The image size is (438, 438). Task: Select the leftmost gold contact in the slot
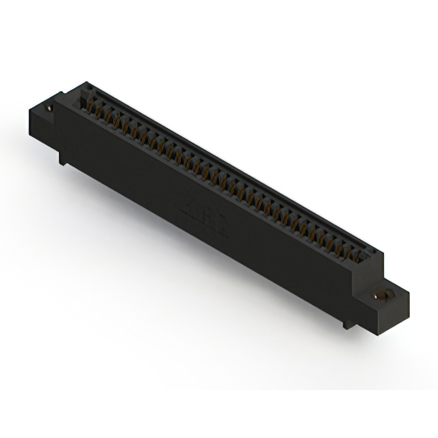point(87,103)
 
